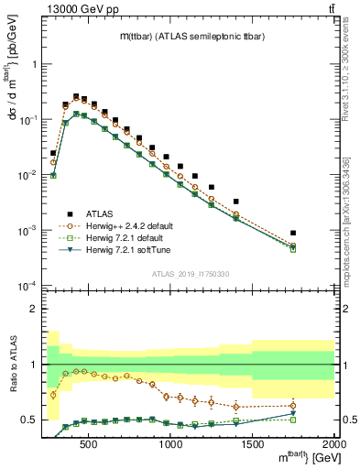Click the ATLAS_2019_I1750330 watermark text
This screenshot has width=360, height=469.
point(190,272)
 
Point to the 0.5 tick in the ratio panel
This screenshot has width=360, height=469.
point(30,420)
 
